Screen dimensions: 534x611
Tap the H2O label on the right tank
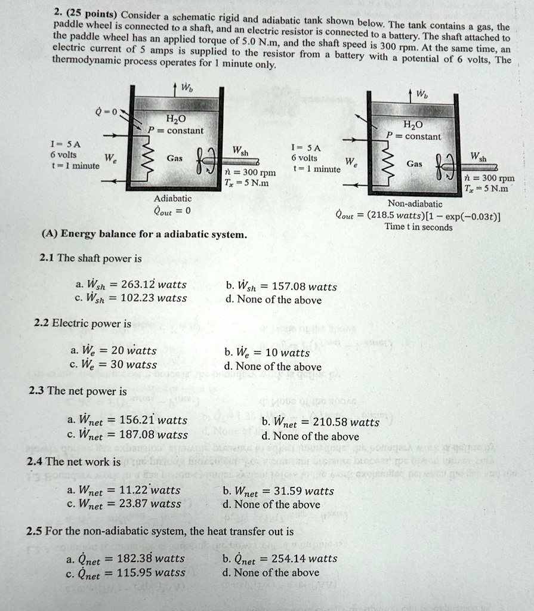click(x=412, y=125)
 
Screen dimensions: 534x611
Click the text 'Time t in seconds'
click(x=418, y=227)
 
